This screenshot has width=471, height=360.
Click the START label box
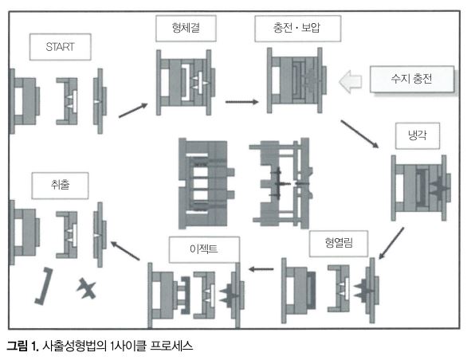60,47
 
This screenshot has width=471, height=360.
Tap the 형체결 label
186,28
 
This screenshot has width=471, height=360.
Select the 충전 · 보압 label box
298,29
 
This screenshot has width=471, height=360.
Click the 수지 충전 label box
411,79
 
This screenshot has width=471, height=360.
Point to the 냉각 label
418,135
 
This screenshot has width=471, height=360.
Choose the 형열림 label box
339,244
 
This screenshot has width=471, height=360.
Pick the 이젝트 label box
204,249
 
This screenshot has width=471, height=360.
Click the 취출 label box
60,186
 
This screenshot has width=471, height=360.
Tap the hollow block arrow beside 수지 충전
350,81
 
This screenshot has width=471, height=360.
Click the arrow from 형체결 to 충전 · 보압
241,102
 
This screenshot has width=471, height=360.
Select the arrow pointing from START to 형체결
133,110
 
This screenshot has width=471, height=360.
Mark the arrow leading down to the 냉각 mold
359,135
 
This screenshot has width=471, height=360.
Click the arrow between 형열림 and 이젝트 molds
261,269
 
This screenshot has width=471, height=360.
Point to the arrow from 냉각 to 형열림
391,243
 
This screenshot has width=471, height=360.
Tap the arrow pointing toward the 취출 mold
125,251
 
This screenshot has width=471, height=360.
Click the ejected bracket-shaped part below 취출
44,286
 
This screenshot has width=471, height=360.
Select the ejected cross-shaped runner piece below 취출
87,288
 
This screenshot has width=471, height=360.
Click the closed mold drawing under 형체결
186,83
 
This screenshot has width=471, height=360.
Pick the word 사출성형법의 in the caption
74,346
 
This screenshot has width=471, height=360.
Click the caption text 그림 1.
23,346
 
